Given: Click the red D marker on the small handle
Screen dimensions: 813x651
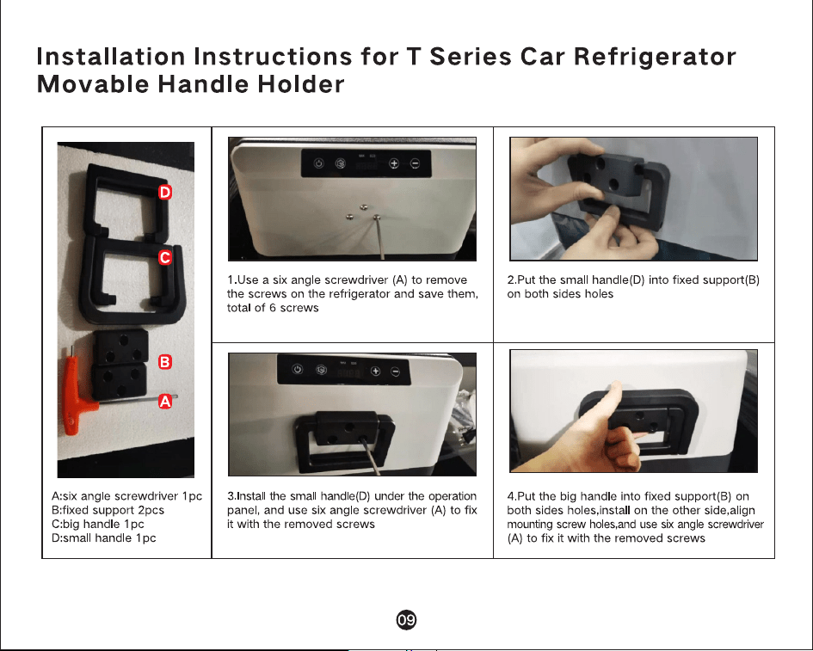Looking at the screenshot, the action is click(165, 193).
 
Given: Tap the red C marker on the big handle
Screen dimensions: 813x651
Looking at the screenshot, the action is click(165, 258).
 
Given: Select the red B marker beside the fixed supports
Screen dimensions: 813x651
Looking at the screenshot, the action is click(165, 362).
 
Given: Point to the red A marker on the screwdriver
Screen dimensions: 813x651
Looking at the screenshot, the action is click(165, 401).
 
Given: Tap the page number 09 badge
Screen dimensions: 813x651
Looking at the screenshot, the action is click(406, 620).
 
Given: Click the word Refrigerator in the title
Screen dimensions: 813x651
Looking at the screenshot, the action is click(655, 57).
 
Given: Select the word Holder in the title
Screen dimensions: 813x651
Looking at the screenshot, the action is click(301, 84).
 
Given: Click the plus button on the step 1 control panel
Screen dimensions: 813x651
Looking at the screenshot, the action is click(394, 163).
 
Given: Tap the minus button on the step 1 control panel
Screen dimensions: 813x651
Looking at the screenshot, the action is click(415, 163).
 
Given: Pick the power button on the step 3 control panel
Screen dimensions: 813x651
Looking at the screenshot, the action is click(297, 369).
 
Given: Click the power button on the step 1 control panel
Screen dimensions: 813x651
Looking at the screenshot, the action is click(319, 163).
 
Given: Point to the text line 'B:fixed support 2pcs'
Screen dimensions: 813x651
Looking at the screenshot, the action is click(108, 510).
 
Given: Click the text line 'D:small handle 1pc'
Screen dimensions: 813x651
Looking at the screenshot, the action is click(104, 538).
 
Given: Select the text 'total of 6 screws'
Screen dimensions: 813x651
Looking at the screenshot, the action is click(273, 308).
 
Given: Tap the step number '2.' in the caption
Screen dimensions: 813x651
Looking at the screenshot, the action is click(512, 279).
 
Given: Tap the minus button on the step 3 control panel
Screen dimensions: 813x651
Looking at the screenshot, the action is click(395, 372).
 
